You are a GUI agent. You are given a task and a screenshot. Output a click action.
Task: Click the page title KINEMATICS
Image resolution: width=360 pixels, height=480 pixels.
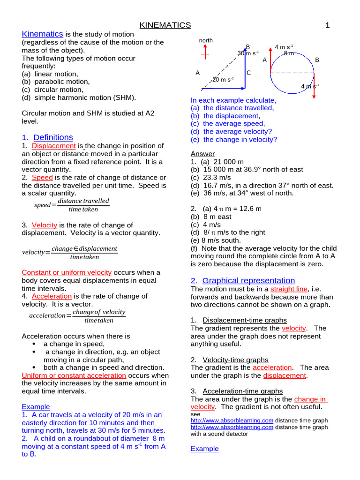click(x=165, y=25)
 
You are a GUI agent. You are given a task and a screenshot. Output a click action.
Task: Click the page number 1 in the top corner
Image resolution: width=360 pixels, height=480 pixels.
click(x=328, y=25)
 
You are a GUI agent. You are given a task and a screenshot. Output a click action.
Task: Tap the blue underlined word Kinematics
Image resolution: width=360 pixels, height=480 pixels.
click(x=42, y=34)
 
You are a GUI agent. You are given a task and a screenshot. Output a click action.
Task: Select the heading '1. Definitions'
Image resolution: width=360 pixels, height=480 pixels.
click(x=47, y=137)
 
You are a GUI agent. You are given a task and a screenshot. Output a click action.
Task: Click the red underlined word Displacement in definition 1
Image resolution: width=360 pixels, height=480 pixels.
click(x=53, y=146)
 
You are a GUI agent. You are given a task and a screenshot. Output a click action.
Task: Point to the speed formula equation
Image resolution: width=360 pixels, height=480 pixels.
click(x=72, y=205)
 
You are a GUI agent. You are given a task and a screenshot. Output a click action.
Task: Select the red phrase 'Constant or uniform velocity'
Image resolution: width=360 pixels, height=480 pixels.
click(x=67, y=272)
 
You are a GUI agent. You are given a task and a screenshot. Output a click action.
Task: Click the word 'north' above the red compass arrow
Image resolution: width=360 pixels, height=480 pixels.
click(x=206, y=41)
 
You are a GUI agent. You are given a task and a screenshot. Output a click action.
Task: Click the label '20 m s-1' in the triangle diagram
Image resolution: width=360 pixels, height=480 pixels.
click(x=223, y=80)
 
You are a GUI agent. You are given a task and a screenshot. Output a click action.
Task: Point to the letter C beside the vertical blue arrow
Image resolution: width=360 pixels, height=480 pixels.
click(x=249, y=73)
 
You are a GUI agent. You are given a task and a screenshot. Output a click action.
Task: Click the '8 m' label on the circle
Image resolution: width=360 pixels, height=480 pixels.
click(x=289, y=53)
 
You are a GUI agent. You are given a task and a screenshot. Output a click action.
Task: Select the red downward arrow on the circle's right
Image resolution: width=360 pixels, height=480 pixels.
click(x=314, y=84)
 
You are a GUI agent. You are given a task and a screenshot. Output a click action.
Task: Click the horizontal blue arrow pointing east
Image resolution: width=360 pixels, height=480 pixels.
click(x=223, y=88)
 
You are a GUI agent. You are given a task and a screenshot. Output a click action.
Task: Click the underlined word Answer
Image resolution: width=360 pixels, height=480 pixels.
click(x=202, y=154)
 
